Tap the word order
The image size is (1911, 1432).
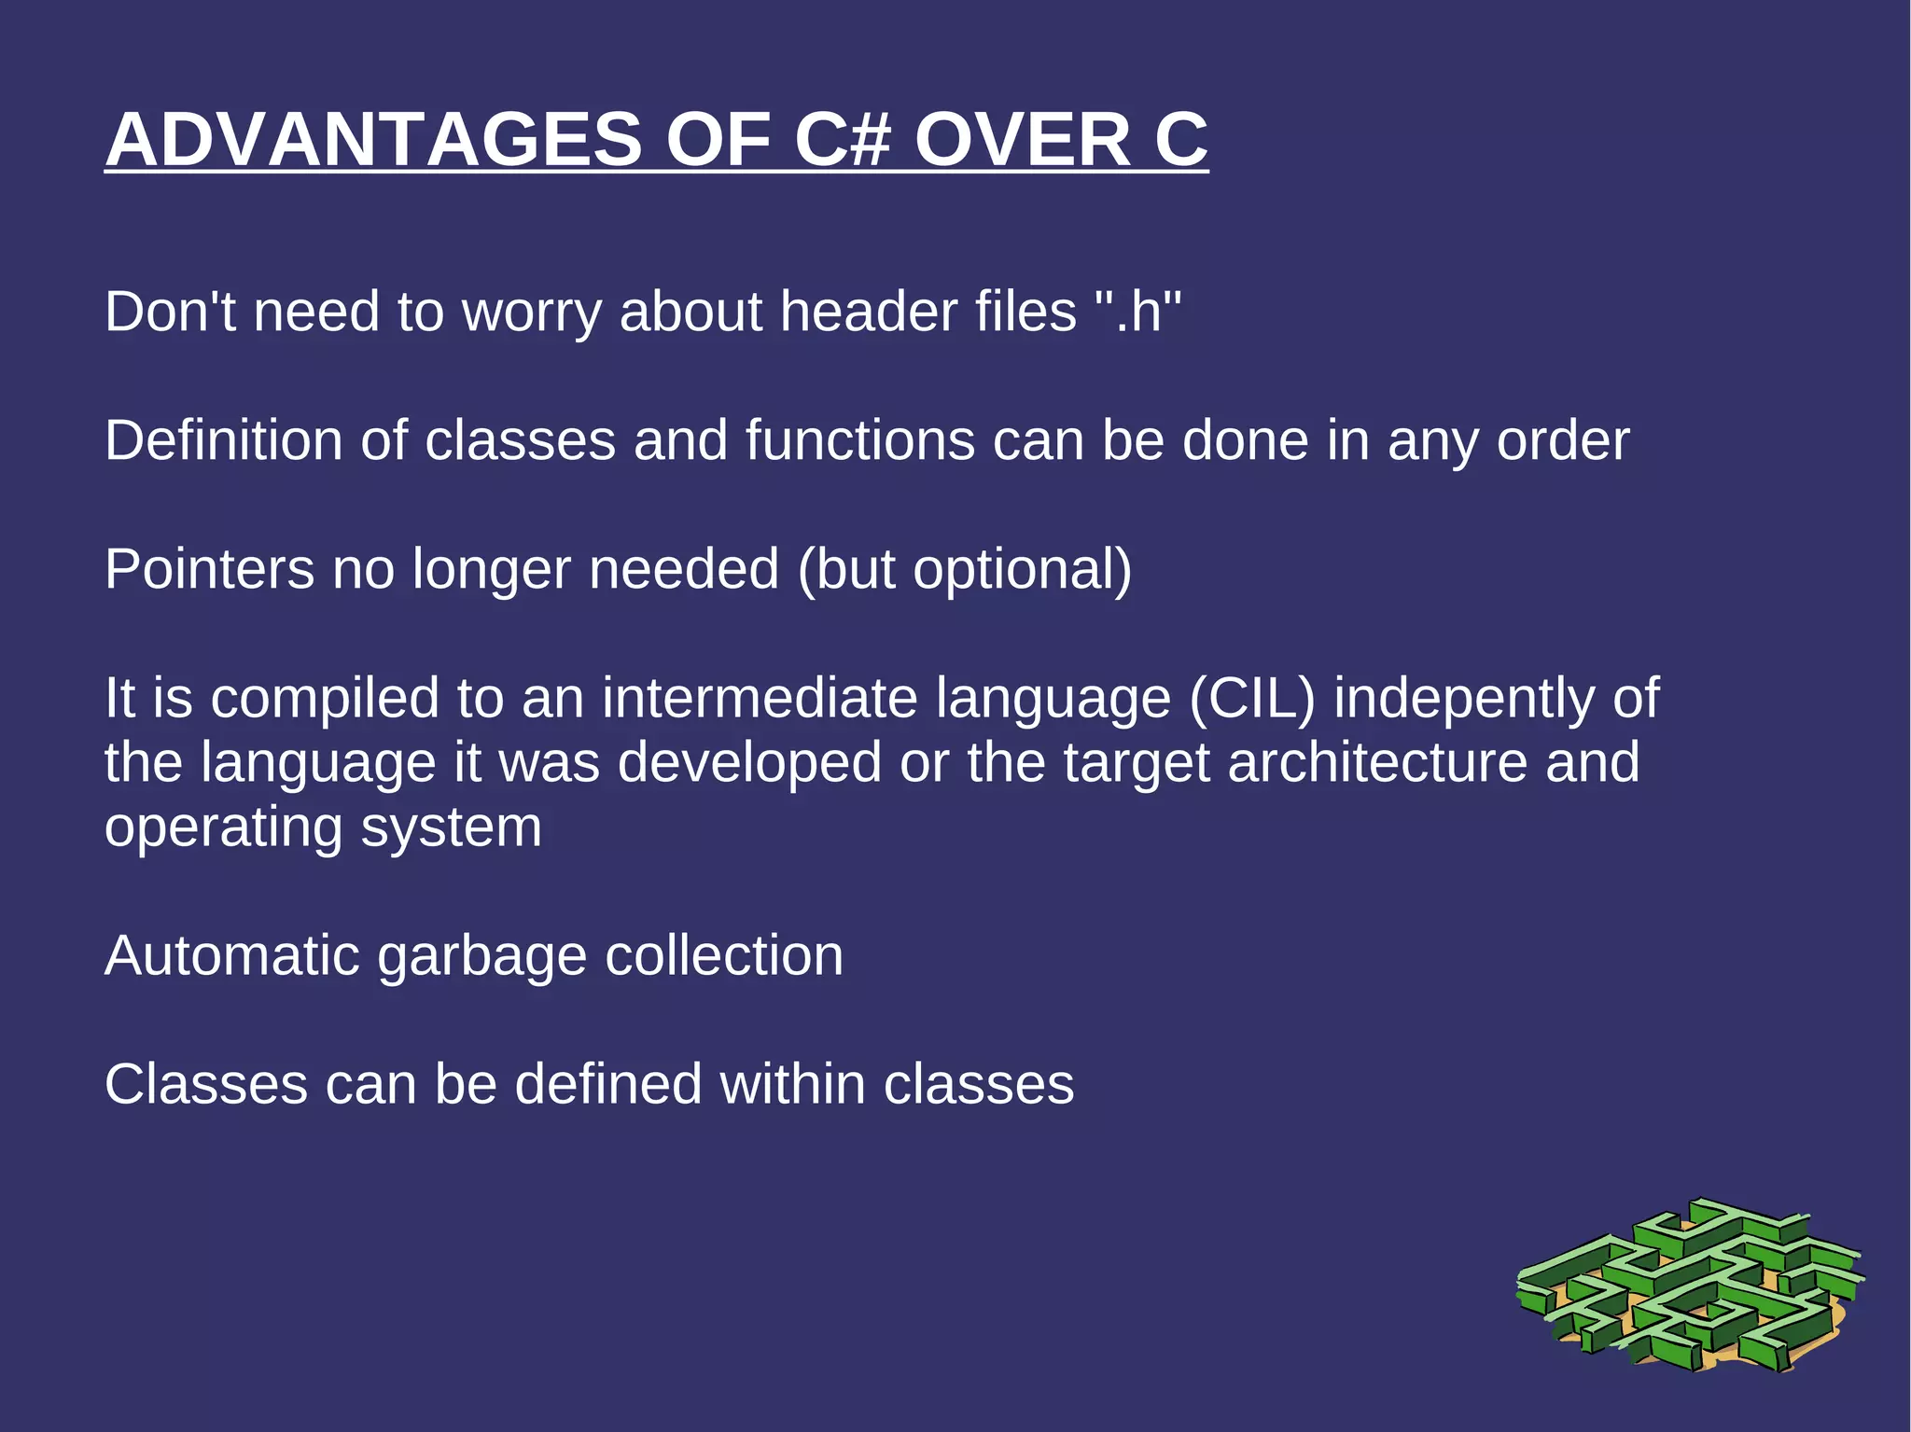[x=1563, y=440]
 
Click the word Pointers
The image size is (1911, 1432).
[x=209, y=569]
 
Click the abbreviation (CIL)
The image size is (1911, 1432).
[x=1252, y=699]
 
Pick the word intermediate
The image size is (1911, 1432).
[x=760, y=699]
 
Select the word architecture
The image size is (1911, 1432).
[x=1377, y=763]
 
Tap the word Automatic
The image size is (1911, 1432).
[x=231, y=956]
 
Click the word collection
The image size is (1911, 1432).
[x=723, y=956]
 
